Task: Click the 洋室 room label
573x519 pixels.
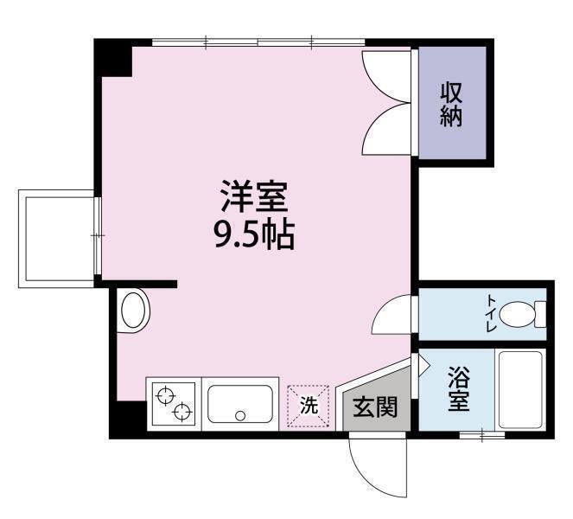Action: click(x=252, y=198)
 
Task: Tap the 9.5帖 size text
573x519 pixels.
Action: click(x=254, y=235)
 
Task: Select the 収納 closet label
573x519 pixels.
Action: click(x=451, y=104)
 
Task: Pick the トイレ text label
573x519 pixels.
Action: click(x=491, y=312)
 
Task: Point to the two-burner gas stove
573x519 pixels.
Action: click(x=173, y=403)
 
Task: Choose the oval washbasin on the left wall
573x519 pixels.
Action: click(x=133, y=310)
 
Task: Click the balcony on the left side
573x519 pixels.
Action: click(x=57, y=237)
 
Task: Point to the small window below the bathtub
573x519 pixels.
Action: click(x=482, y=433)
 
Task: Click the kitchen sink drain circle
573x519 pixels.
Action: click(x=240, y=416)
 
